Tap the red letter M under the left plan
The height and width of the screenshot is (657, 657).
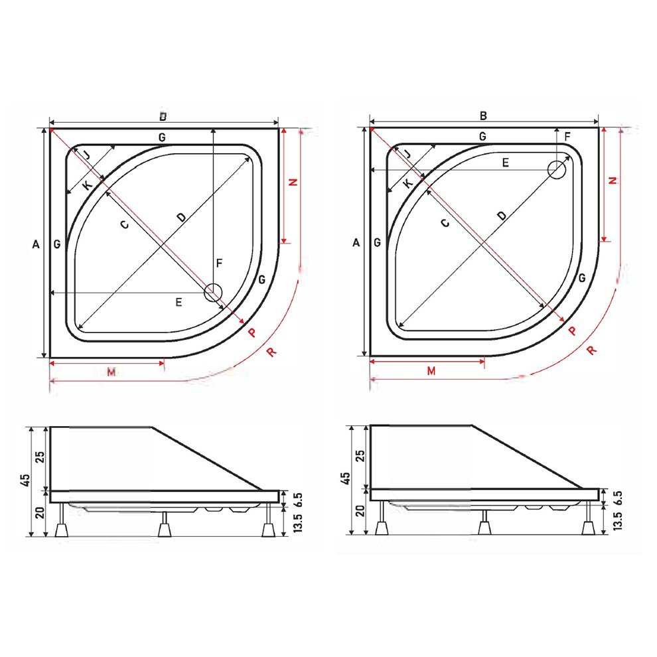coord(111,372)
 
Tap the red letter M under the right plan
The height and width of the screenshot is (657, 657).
coord(431,371)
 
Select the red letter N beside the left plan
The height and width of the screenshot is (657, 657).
coord(293,182)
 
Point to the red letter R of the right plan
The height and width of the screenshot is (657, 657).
coord(591,350)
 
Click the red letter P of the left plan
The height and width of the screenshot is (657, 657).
coord(252,332)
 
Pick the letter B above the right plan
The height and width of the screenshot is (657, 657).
coord(483,115)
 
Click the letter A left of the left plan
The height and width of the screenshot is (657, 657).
coord(36,244)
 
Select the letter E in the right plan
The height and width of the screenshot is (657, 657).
coord(505,163)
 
